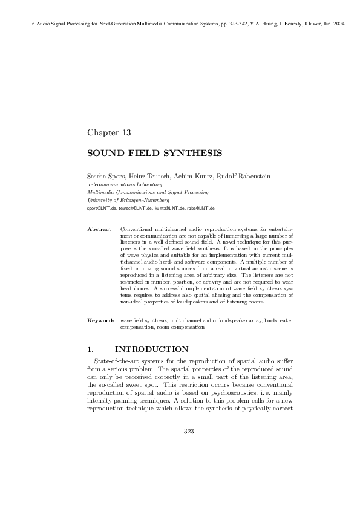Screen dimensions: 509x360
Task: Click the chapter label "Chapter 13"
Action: (109, 132)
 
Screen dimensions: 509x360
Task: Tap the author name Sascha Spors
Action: (105, 176)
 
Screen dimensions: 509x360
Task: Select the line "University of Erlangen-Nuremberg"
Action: (128, 199)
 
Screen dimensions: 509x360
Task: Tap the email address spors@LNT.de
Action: (102, 208)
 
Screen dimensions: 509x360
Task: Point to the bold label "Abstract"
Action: (99, 229)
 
